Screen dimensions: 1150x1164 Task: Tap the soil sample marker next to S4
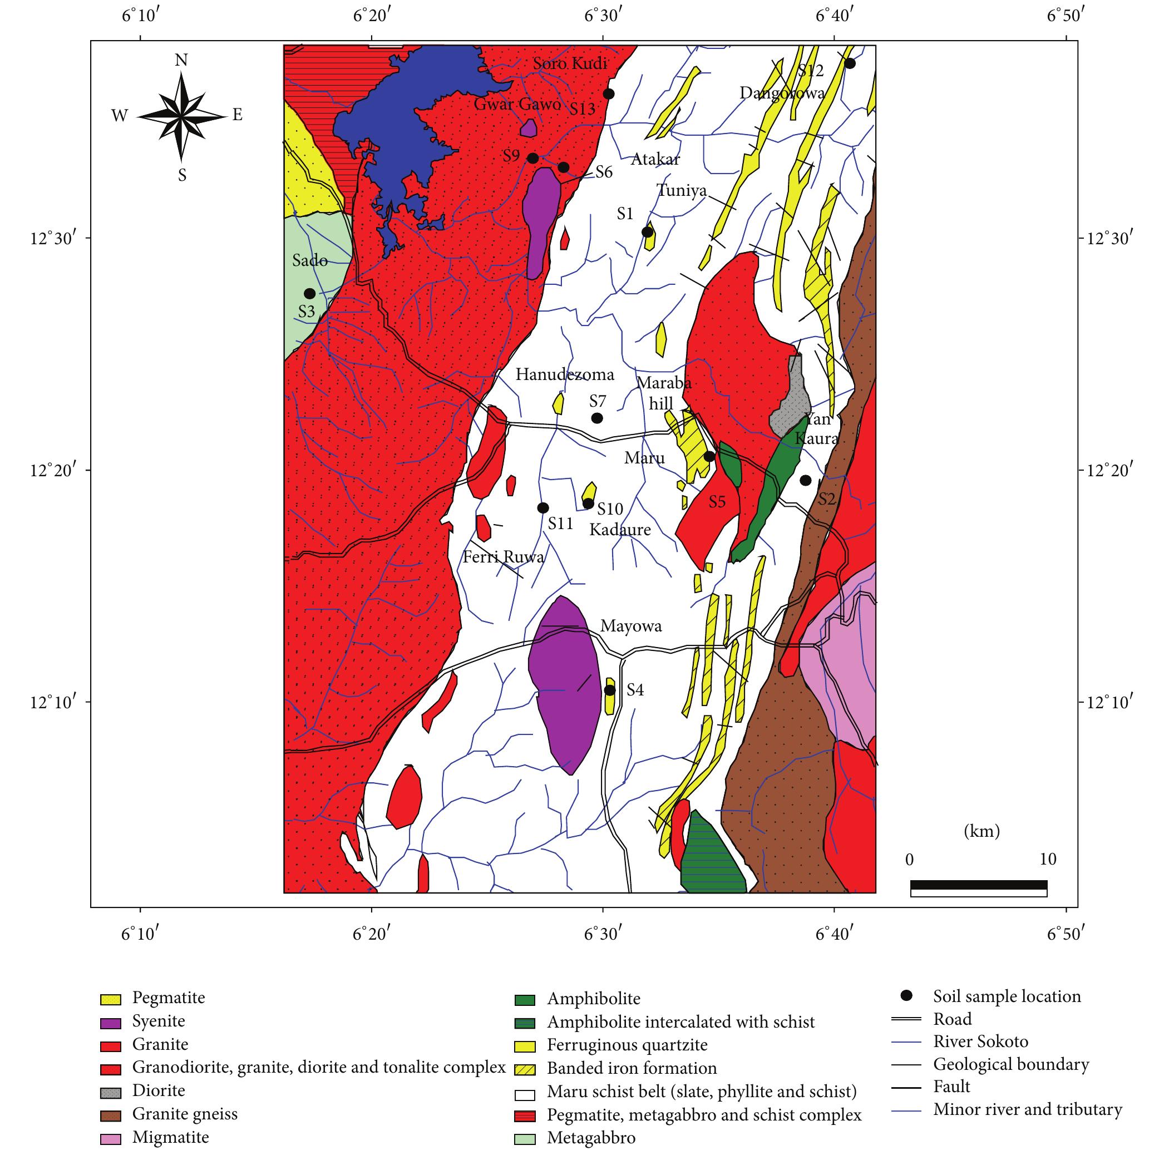610,690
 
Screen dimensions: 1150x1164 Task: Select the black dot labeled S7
597,418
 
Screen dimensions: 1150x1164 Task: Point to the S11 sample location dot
543,508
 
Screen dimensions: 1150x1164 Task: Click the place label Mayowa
631,626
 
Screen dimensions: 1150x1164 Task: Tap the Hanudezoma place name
565,374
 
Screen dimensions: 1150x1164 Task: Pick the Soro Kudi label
570,64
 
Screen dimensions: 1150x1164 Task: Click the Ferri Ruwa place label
503,556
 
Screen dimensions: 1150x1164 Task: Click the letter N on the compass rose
181,60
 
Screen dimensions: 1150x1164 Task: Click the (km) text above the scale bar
981,832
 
